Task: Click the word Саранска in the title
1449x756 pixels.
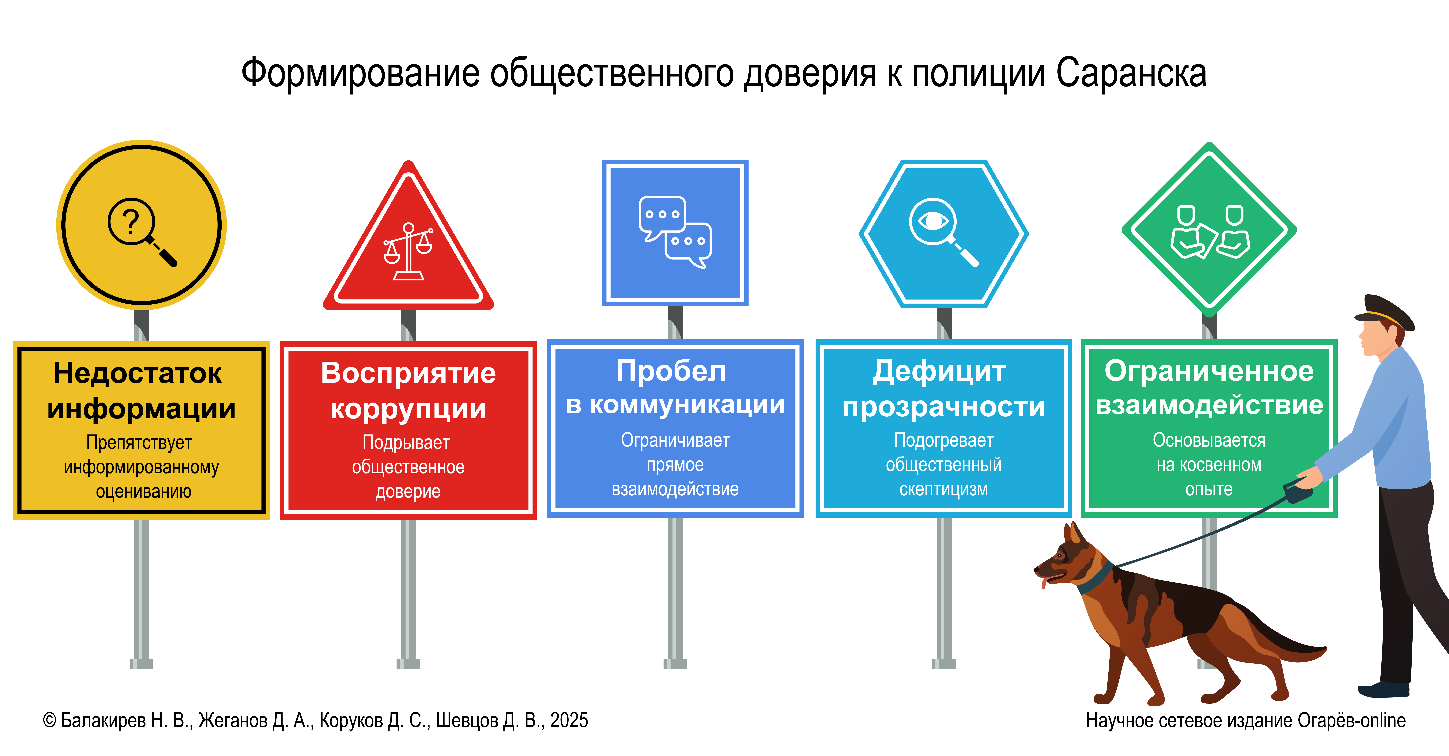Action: click(1131, 73)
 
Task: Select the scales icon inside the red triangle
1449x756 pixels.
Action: click(408, 251)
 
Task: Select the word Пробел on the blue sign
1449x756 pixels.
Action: click(671, 371)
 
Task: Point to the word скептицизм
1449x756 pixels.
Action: click(943, 489)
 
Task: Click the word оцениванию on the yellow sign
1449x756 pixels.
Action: click(143, 492)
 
